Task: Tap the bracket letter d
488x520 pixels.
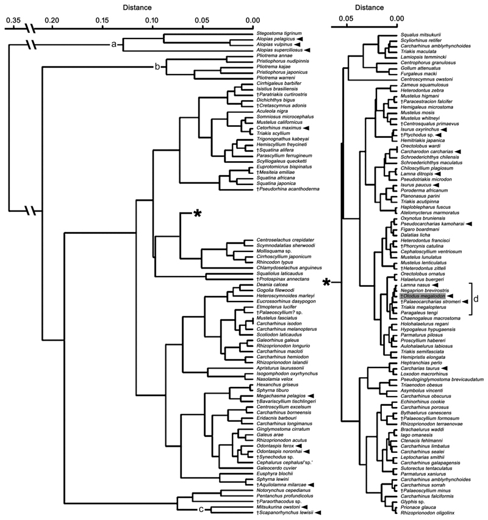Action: pos(478,299)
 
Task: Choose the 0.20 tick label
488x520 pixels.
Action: pos(52,20)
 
